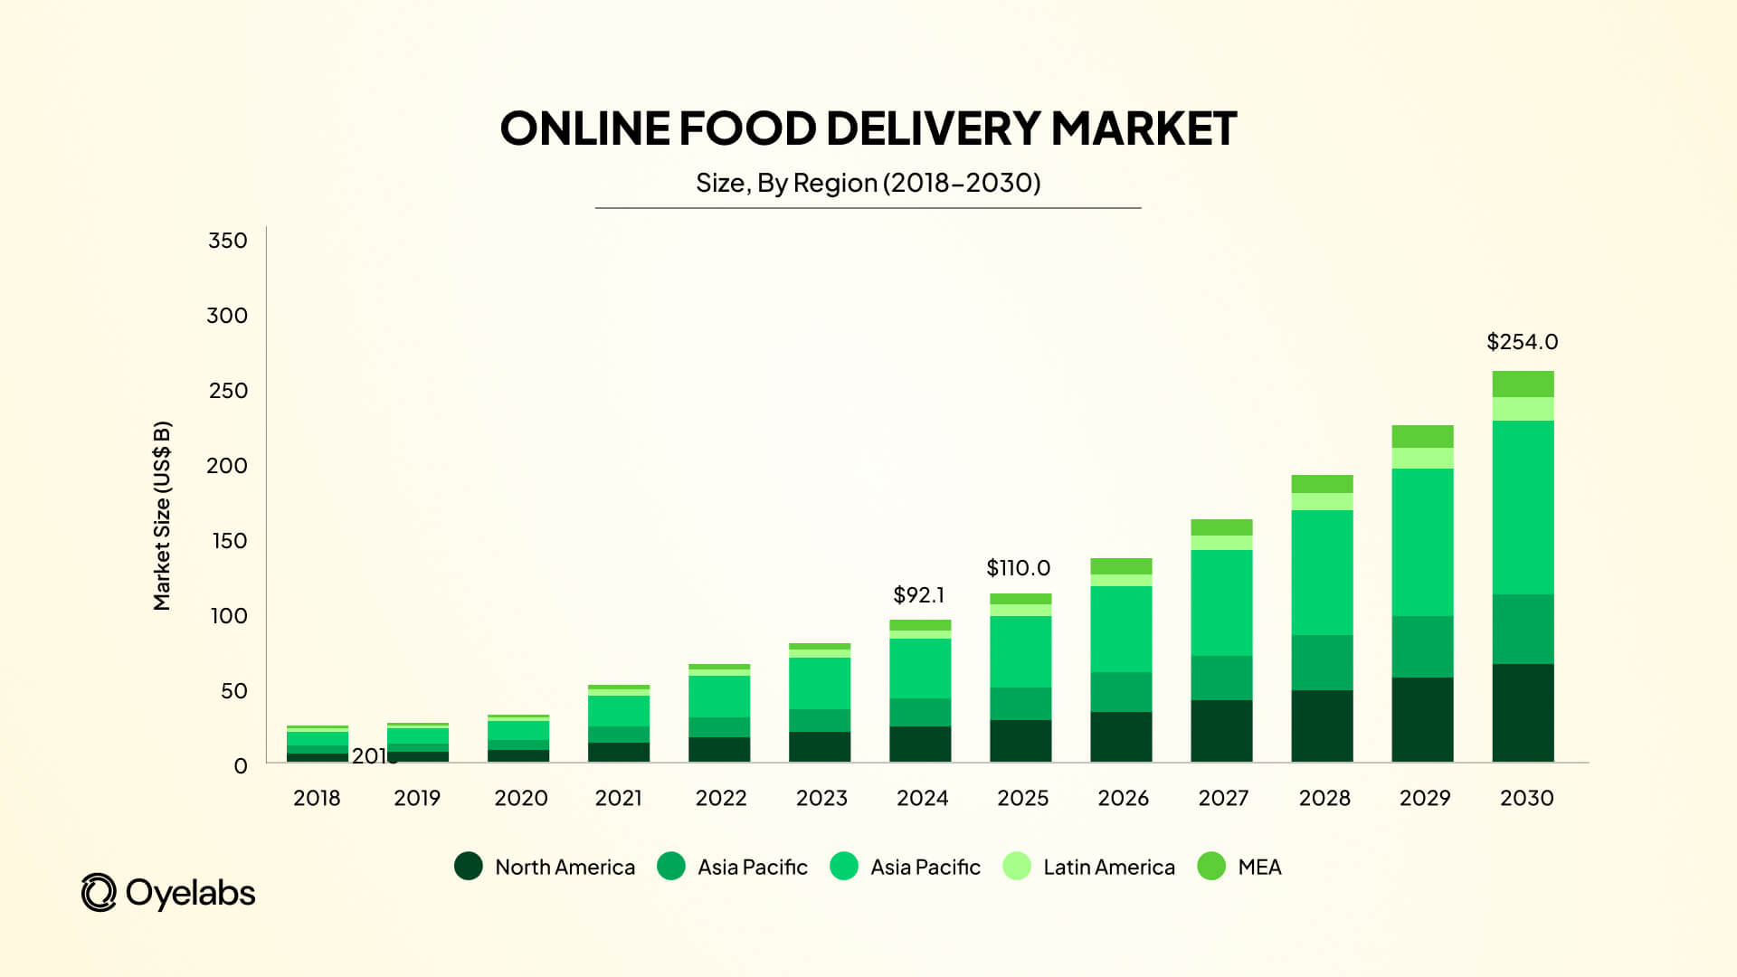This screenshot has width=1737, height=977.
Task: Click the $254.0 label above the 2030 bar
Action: (x=1522, y=342)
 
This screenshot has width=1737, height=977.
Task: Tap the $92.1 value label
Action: (x=918, y=595)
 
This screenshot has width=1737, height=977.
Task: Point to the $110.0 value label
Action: (x=1018, y=568)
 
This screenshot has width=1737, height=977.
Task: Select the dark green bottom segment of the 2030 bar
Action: (x=1523, y=713)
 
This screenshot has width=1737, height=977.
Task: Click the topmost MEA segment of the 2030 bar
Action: (x=1523, y=384)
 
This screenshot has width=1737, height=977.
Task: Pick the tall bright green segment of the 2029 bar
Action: (x=1422, y=542)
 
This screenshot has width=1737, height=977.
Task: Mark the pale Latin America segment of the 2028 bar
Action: (x=1322, y=501)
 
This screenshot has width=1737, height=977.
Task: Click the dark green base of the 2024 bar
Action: (x=920, y=744)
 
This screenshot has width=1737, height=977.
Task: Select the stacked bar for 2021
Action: (x=619, y=723)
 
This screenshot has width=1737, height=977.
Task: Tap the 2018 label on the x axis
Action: (x=317, y=798)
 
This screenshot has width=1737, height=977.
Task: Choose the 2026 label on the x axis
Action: (x=1123, y=798)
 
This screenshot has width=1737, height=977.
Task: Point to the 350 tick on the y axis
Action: (x=227, y=241)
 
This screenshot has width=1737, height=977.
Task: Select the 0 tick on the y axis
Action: (x=240, y=766)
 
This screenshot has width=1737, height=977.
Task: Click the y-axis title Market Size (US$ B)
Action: (x=162, y=516)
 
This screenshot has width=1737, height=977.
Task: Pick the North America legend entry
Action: (x=545, y=867)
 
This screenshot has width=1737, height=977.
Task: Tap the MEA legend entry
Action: (x=1239, y=867)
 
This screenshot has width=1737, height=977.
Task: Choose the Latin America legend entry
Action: (x=1089, y=867)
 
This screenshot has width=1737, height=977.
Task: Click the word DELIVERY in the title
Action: (x=933, y=128)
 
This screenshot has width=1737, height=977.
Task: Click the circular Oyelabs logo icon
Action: (x=99, y=893)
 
